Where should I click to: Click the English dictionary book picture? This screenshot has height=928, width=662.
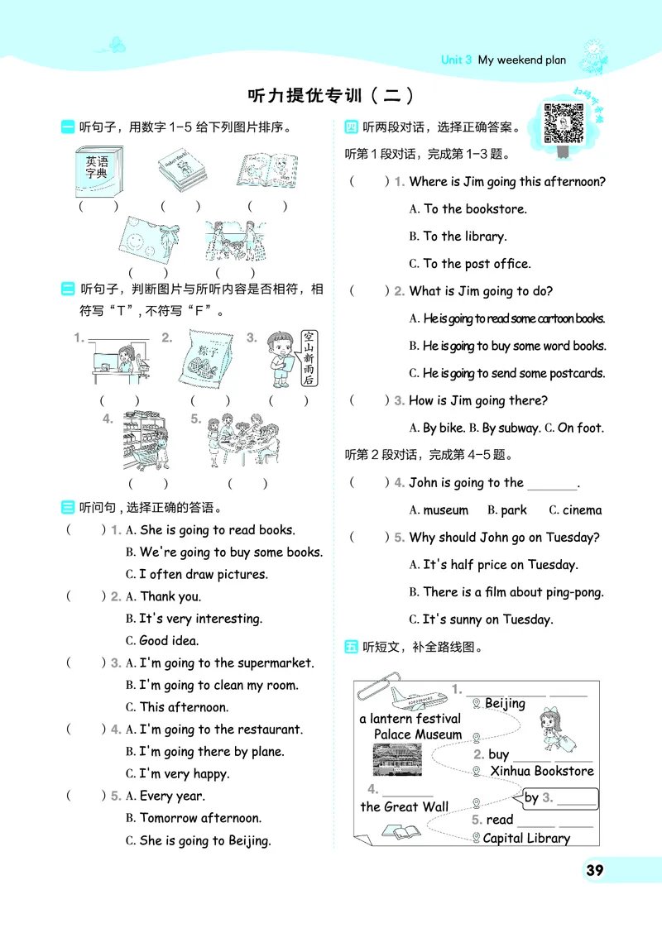[x=97, y=172]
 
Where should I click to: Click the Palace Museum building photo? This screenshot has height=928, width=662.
[x=396, y=759]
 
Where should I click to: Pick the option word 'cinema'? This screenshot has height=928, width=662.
[x=582, y=510]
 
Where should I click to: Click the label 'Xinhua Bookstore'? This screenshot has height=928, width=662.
[x=541, y=771]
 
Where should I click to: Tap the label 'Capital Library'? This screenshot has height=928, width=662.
[x=526, y=838]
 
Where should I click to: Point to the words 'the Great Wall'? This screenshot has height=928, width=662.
[x=404, y=806]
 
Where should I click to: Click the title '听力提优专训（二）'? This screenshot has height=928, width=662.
[x=330, y=95]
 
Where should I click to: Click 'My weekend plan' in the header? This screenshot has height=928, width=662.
[x=521, y=60]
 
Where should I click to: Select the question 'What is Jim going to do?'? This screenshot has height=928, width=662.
[x=481, y=291]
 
